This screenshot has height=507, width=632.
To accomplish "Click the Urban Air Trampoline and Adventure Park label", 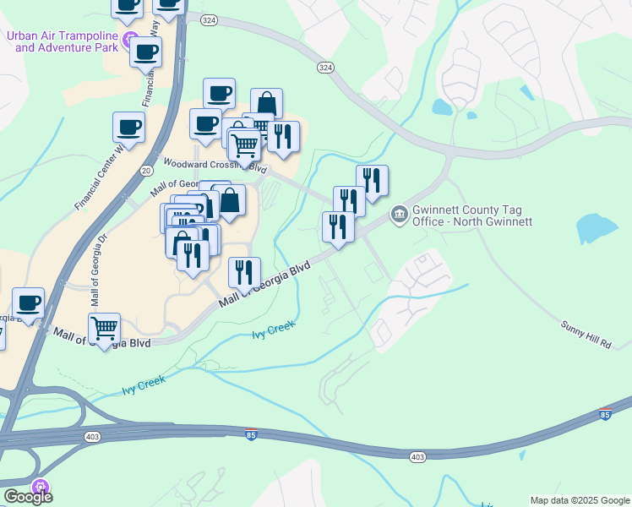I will pos(63,41).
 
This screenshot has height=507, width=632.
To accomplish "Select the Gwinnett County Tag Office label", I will pos(472,215).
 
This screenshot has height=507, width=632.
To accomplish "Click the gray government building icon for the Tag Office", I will pos(398,215).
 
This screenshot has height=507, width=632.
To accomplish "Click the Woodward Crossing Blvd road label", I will pos(215,165).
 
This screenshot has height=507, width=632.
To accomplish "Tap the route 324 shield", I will pos(326,67).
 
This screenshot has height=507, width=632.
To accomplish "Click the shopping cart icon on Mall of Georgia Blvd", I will pos(104,328).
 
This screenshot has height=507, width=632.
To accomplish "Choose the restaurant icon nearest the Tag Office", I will pos(337,226).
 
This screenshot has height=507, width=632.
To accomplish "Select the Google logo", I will pos(28,497).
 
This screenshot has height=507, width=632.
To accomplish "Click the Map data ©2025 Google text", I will pos(580,500).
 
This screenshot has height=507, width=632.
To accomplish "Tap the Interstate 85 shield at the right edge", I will pos(605,416).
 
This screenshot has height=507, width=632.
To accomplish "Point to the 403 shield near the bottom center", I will pos(417,456).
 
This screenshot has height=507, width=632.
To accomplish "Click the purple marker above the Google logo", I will pos(39,487).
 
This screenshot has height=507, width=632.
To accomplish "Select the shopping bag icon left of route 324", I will pos(266,104).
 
